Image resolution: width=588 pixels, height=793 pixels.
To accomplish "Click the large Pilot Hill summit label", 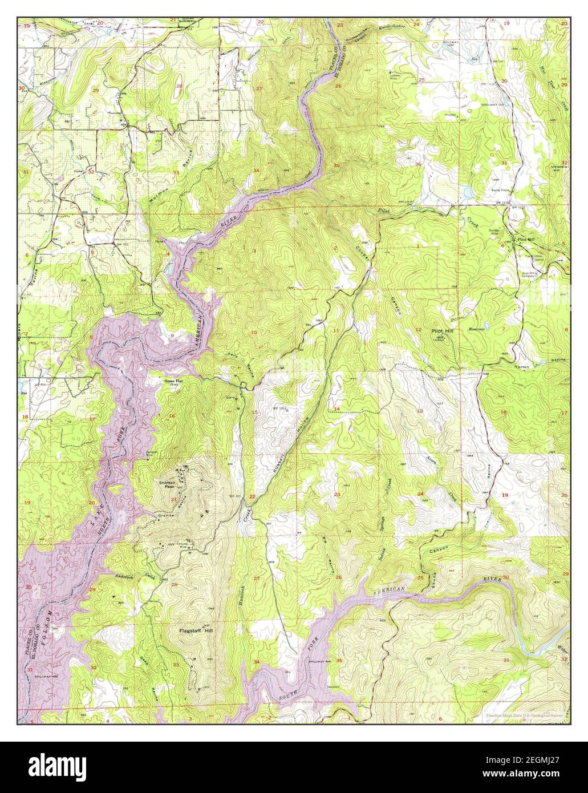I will tap(445, 331).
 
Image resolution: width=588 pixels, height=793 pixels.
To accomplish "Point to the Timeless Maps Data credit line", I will tap(523, 715).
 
